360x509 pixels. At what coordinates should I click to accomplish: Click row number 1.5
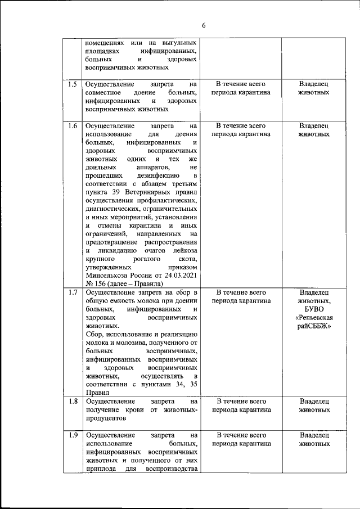coord(73,84)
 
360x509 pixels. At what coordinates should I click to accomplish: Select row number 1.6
coord(73,125)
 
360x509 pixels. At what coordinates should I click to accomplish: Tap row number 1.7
coord(73,292)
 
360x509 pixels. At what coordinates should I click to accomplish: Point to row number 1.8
coord(73,402)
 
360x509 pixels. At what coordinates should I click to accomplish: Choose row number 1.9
coord(73,435)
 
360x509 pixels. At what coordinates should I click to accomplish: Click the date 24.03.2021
coord(178,275)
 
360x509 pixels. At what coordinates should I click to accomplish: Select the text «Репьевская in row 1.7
coord(314,317)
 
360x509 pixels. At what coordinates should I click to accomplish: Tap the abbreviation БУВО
coord(314,309)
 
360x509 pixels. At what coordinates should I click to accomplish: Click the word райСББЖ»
coord(314,326)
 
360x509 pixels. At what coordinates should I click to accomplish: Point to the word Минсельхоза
coord(108,275)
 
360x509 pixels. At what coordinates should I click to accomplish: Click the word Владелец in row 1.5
coord(314,84)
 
